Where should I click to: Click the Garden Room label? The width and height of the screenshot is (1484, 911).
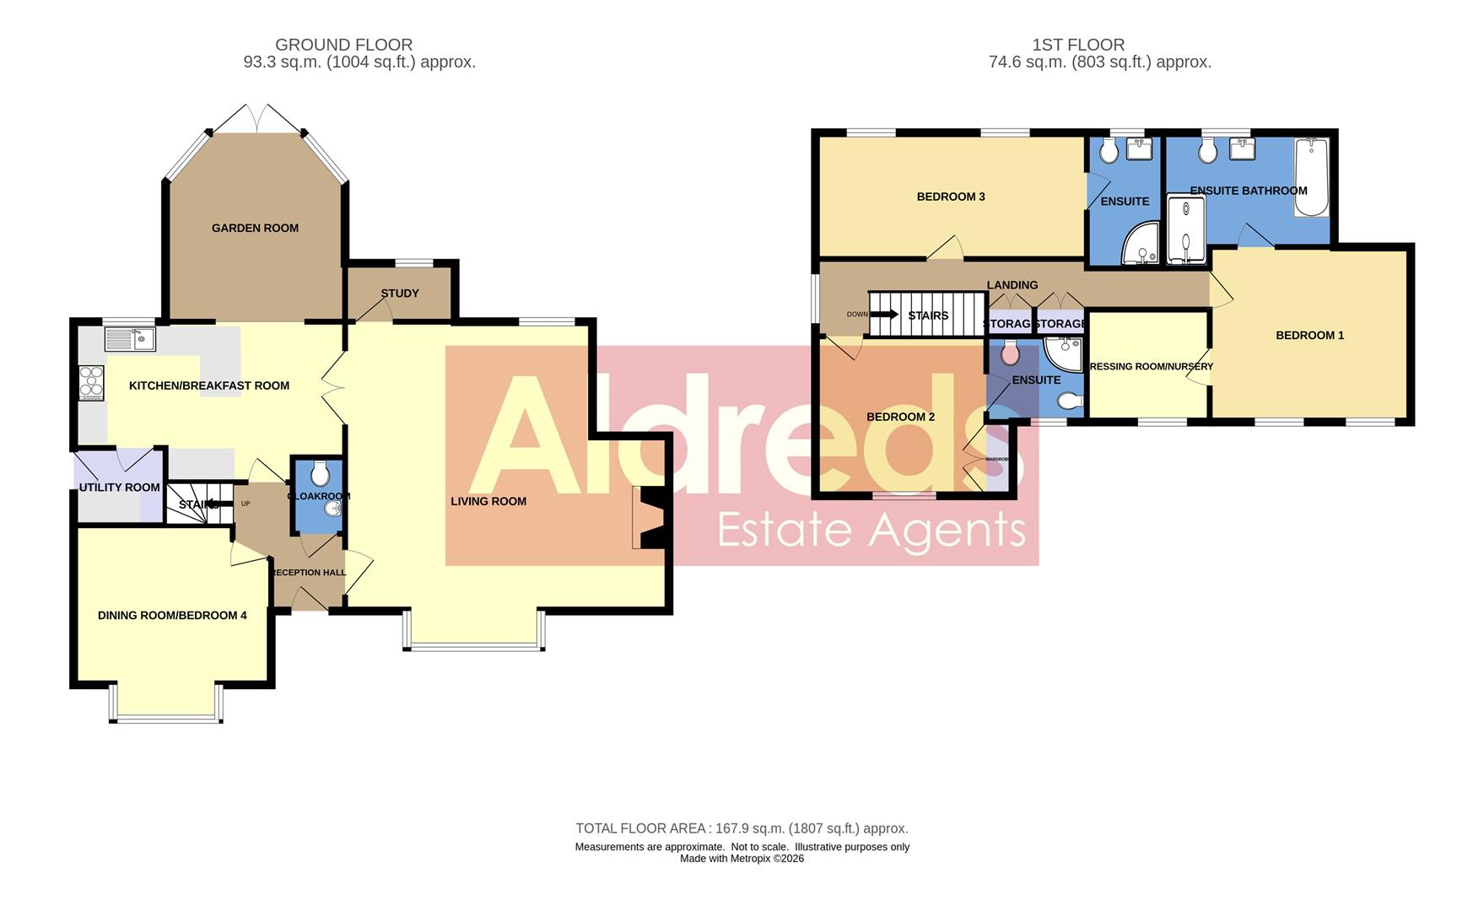tap(255, 228)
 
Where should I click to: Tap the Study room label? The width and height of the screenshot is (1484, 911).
tap(400, 294)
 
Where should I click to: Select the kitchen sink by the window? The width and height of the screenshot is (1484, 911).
tap(130, 339)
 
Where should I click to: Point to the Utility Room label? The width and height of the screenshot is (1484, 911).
tap(119, 488)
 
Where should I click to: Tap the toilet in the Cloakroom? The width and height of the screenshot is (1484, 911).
tap(317, 470)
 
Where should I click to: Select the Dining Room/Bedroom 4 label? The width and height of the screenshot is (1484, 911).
tap(172, 616)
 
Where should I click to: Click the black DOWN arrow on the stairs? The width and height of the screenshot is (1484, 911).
tap(883, 315)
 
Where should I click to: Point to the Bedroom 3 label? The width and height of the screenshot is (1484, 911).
tap(951, 197)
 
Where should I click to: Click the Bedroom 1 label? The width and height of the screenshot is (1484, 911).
tap(1309, 336)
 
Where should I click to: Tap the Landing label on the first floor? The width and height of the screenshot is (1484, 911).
tap(1012, 285)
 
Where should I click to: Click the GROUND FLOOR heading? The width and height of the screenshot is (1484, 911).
tap(343, 45)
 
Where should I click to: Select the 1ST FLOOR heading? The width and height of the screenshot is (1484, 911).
tap(1077, 45)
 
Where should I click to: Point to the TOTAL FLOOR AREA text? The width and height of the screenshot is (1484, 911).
tap(742, 828)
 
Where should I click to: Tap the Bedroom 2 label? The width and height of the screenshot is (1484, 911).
tap(900, 417)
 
